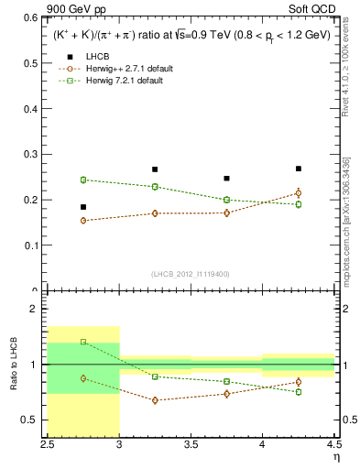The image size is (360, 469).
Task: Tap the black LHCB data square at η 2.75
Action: [83, 207]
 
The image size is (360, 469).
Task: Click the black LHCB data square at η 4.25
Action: [299, 169]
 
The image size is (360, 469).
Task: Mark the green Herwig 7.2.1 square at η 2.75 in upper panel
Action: [83, 180]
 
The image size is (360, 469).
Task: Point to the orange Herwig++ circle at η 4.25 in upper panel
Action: [299, 192]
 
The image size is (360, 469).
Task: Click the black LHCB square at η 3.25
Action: [155, 169]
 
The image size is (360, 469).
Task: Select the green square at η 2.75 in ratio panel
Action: [83, 342]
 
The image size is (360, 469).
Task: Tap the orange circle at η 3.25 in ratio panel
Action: [155, 400]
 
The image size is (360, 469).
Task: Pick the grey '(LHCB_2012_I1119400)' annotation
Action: [191, 274]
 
